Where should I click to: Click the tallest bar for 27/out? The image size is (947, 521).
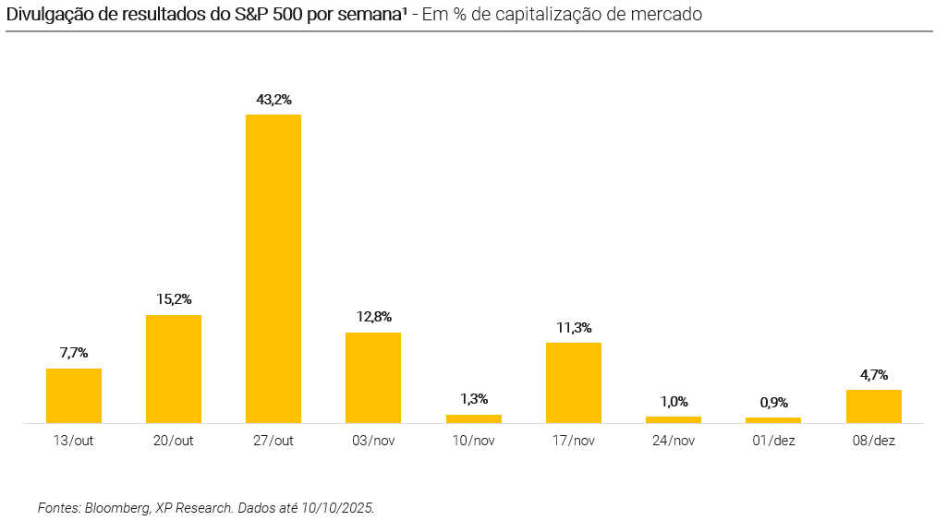coord(273,268)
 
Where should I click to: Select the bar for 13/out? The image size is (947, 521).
coord(74,395)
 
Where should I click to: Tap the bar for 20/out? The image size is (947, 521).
coord(174,369)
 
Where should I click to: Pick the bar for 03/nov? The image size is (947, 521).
coord(373,377)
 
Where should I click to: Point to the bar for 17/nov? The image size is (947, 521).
coord(574,382)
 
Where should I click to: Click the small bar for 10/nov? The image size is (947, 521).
coord(474,418)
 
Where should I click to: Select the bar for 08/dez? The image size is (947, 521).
coord(874,406)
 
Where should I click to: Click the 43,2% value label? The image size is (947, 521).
coord(273,99)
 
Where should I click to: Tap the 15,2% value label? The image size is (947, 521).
coord(174,299)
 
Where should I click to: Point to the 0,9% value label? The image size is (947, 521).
coord(773,402)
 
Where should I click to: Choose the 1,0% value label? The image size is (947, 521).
coord(674,401)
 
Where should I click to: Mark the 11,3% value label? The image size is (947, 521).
coord(574,327)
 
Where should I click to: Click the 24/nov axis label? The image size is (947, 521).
coord(674,441)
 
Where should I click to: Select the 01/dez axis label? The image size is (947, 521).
coord(773,441)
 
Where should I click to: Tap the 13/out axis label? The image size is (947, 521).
coord(74,441)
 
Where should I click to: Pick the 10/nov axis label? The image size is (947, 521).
coord(474,441)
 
